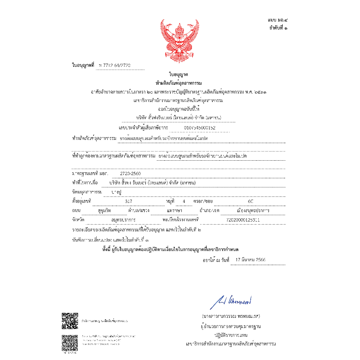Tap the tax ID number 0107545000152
[x=200, y=128]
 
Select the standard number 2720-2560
[x=130, y=174]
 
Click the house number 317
[x=129, y=201]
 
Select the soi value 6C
[x=250, y=201]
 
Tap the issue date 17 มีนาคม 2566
[x=251, y=260]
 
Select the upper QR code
[x=70, y=321]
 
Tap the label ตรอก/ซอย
[x=203, y=201]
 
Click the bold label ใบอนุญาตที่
[x=83, y=65]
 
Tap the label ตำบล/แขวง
[x=139, y=211]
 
